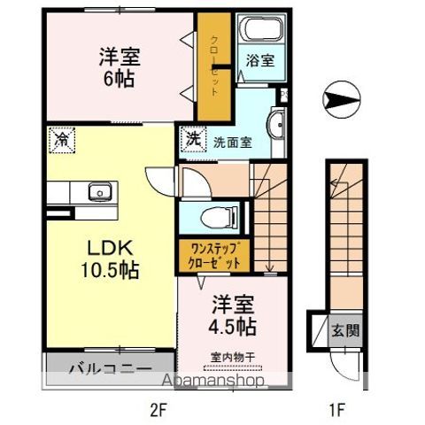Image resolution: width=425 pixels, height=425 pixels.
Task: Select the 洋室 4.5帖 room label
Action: click(234, 315)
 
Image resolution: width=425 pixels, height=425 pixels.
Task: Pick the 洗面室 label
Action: click(228, 139)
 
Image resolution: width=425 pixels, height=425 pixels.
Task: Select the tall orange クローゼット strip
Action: click(215, 66)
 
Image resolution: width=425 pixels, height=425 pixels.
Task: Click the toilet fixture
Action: click(212, 215)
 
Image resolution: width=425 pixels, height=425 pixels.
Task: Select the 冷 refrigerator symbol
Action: click(62, 139)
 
